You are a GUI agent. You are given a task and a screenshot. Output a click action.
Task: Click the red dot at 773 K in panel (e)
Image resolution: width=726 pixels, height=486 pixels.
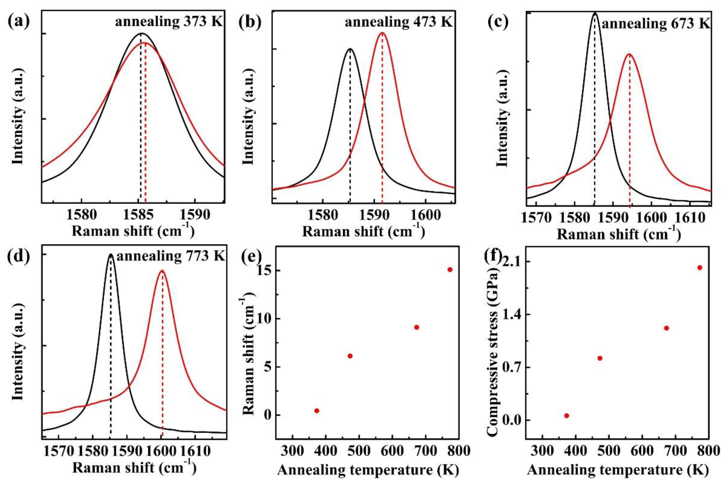coord(450,270)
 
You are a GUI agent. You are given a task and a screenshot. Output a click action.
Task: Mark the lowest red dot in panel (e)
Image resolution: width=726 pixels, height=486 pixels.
coord(317,411)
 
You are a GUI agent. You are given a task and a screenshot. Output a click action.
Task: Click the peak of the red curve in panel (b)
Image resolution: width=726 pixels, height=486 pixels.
coord(382,33)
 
